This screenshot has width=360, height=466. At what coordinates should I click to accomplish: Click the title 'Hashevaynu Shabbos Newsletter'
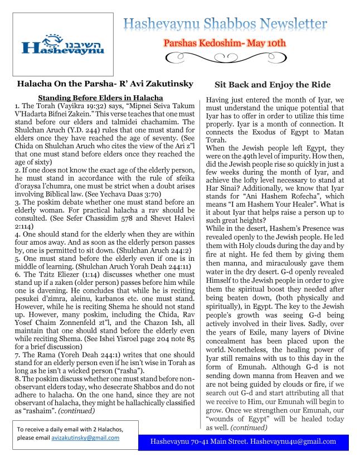(225, 24)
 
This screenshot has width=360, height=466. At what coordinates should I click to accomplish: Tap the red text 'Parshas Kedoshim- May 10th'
(224, 42)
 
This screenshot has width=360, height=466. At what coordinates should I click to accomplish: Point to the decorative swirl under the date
(223, 57)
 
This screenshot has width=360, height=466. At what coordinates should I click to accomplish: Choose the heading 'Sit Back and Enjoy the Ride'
(273, 85)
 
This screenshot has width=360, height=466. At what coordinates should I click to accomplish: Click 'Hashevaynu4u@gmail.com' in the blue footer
(293, 441)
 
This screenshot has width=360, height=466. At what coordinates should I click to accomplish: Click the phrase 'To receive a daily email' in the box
(49, 429)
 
